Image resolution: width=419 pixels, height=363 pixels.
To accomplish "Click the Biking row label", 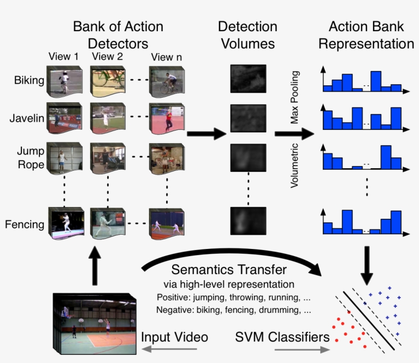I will coord(29,80).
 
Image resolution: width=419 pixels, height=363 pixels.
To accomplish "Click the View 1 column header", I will coord(64,57).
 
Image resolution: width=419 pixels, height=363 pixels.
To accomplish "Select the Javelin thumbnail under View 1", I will coord(64,118).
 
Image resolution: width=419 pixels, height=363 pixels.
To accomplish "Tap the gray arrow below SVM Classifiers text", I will coord(301,350).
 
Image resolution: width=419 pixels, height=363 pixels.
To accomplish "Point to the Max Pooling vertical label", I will coord(295,98).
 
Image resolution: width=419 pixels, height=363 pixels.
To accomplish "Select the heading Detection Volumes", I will coord(248,35).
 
